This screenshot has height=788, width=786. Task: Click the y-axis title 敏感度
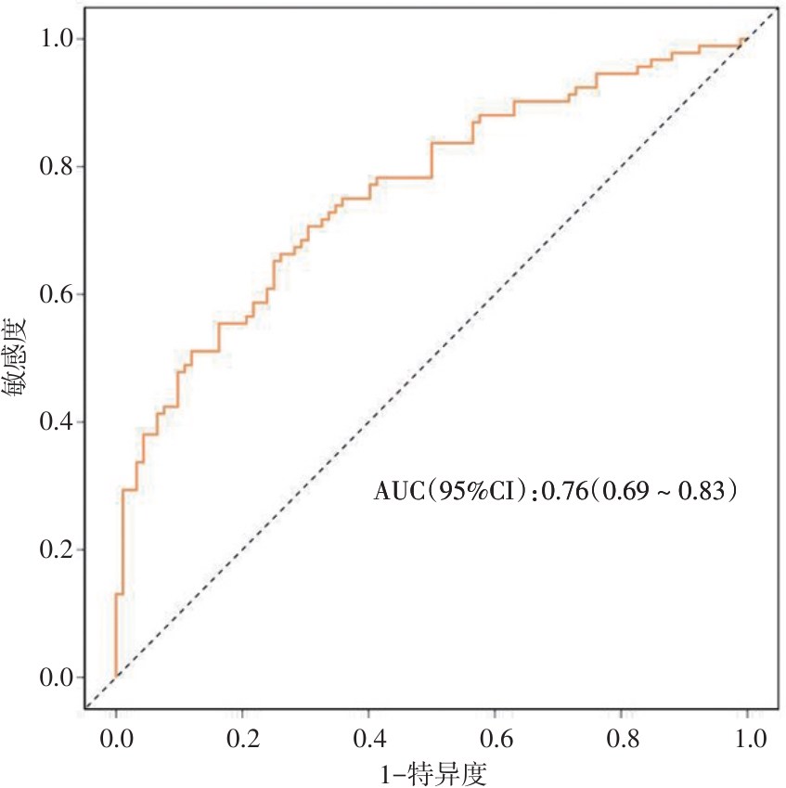[x=16, y=357]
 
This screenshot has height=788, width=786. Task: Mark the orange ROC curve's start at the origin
[x=116, y=677]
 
